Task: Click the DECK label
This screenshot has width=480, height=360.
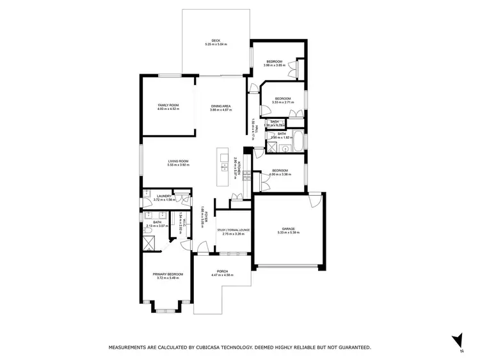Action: [216, 40]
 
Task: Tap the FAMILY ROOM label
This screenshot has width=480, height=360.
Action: [168, 104]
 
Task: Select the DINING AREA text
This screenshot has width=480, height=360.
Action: [220, 105]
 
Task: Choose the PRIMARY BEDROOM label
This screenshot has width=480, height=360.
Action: [168, 274]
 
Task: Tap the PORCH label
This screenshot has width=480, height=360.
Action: [222, 270]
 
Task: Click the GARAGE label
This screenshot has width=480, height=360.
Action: [288, 228]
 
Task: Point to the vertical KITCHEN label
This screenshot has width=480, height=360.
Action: [238, 169]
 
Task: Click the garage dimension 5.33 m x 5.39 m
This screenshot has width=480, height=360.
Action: [288, 233]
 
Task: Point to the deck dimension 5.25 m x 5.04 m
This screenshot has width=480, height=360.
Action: [216, 44]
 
